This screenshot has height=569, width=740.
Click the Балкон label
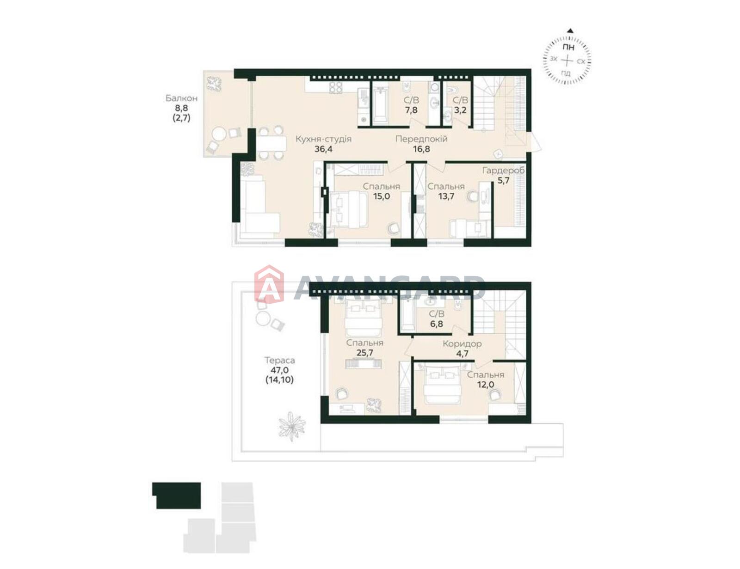click(x=181, y=98)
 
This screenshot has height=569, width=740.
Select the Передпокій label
click(x=421, y=139)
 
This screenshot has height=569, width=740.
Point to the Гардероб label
click(x=503, y=171)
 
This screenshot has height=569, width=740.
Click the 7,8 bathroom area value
click(x=411, y=110)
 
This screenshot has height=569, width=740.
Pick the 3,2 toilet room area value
click(x=460, y=110)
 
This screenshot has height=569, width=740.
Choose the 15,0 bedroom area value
click(x=381, y=196)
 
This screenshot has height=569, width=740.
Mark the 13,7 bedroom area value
click(x=446, y=196)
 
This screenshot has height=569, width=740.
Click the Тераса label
click(x=280, y=360)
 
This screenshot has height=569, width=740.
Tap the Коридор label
click(x=462, y=344)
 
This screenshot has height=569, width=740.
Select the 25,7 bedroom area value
click(x=364, y=353)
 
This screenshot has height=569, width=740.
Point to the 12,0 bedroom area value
click(x=485, y=385)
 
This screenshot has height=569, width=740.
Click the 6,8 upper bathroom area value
click(x=436, y=324)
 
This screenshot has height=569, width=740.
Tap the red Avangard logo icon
click(x=269, y=284)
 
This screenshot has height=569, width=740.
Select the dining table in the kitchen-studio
click(x=271, y=143)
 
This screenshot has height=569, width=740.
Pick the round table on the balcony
click(x=219, y=135)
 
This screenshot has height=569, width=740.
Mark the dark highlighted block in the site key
click(x=176, y=496)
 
